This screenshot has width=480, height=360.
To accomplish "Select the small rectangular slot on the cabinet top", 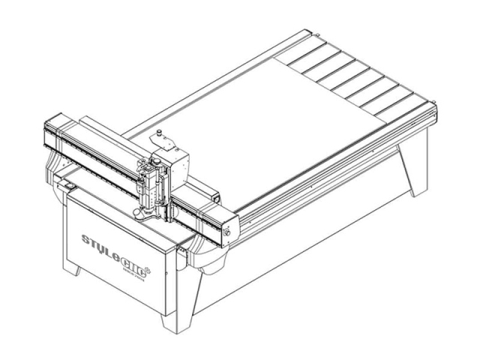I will pos(68,181).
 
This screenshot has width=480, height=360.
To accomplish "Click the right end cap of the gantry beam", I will pos(229,225).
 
